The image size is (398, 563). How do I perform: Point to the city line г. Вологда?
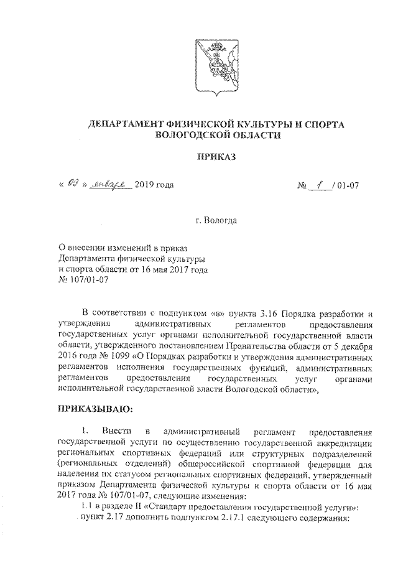215,220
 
